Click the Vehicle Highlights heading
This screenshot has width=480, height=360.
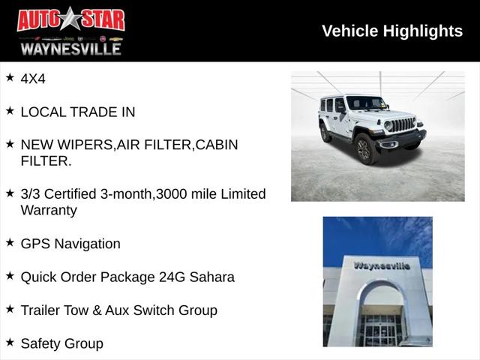point(392,31)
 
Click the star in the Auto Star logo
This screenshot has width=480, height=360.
point(71,19)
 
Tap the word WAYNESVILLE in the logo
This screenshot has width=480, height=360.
point(70,48)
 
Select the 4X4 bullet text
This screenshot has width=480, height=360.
point(33,78)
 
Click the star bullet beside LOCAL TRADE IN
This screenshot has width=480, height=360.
point(10,111)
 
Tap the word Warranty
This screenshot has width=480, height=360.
point(49,210)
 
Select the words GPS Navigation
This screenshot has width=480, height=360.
point(70,244)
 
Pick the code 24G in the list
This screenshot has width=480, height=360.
point(169,277)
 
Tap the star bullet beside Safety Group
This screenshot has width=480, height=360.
point(10,342)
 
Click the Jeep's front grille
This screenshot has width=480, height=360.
point(403,124)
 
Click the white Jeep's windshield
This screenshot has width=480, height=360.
point(365,103)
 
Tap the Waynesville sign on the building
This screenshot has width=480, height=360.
point(382,265)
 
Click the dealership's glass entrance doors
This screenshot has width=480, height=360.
point(381,329)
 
